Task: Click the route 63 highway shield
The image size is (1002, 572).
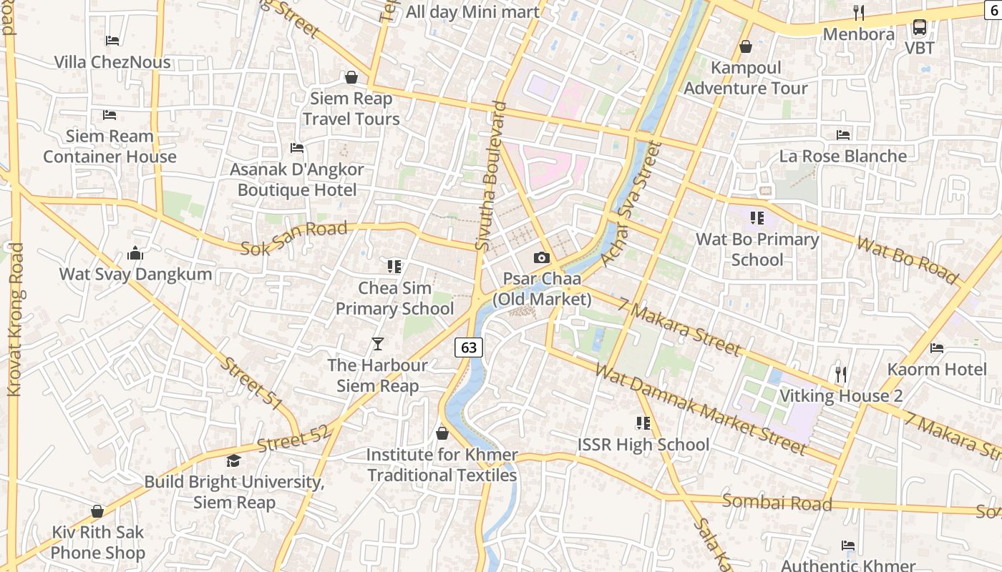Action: (x=469, y=347)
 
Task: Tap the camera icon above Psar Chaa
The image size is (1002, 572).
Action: (x=542, y=257)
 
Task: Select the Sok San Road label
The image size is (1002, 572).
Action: (x=294, y=239)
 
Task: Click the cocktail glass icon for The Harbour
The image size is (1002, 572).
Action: (x=378, y=344)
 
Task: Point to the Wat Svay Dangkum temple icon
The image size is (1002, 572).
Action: (x=135, y=253)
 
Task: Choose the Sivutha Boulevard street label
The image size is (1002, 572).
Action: (x=492, y=176)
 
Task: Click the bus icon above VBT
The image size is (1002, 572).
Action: (x=920, y=27)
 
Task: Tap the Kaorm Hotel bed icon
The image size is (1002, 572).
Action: (x=936, y=348)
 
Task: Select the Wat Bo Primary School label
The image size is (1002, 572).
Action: (x=757, y=250)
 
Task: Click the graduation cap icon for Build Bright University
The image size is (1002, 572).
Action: (x=233, y=460)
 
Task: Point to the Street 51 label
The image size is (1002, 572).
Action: (x=250, y=383)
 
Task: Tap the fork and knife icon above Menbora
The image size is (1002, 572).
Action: (x=859, y=13)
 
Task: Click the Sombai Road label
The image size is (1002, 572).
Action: (x=777, y=502)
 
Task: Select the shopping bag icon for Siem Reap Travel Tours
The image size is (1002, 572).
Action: (x=351, y=77)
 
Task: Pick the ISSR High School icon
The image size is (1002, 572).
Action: (x=643, y=423)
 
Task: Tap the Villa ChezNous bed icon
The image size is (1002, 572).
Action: (x=112, y=41)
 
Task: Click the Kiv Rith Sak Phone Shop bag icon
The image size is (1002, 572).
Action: (x=97, y=511)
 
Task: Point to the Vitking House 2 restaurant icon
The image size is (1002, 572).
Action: (x=841, y=374)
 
